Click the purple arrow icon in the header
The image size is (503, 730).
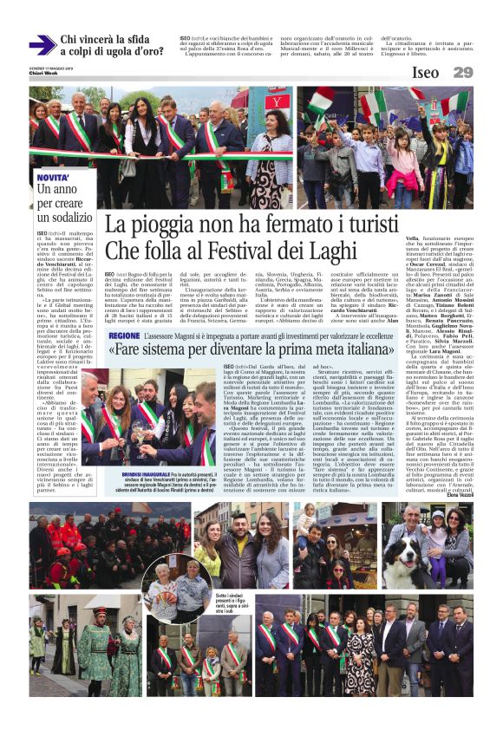pos(42,45)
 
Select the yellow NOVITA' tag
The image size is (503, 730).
pos(52,177)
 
